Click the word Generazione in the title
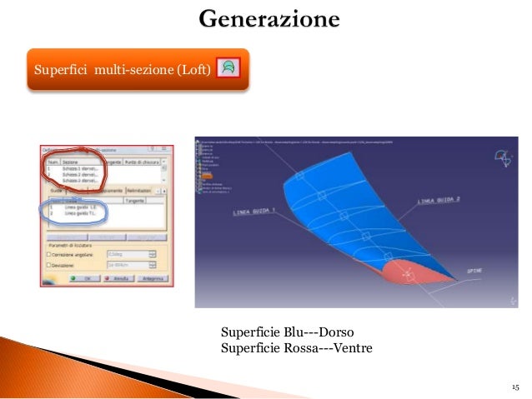coord(269,18)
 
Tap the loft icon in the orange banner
coord(228,67)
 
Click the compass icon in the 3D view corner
coord(502,157)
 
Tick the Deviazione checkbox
coord(48,264)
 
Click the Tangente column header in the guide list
coord(133,199)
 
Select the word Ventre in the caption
coord(349,347)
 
